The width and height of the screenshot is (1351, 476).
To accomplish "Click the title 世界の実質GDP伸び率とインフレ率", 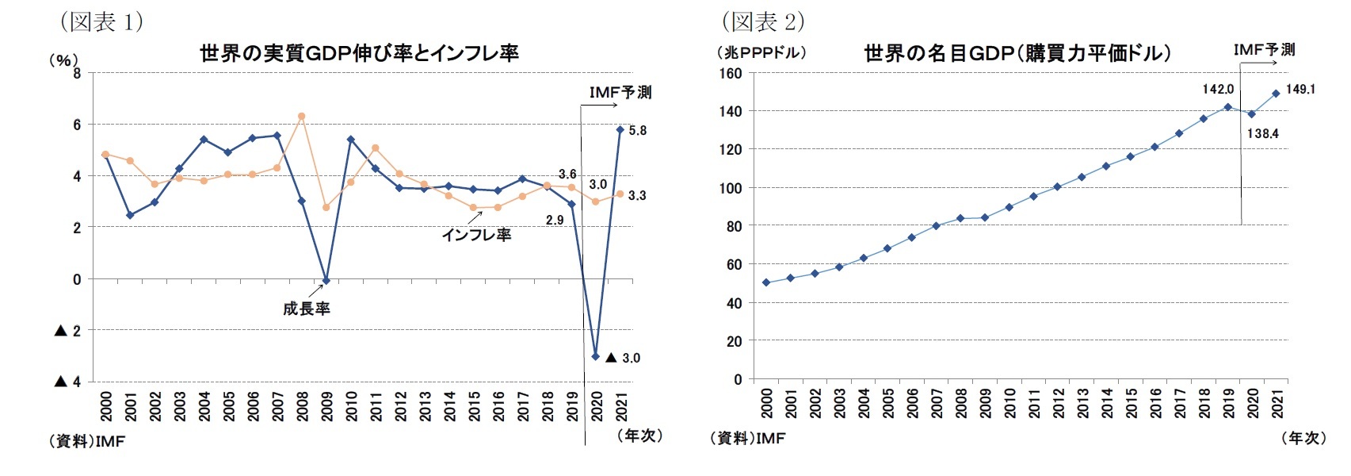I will click(359, 53).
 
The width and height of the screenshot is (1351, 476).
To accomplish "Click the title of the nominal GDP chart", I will click(1017, 53).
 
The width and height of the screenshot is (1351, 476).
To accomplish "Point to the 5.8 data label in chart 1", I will click(637, 131).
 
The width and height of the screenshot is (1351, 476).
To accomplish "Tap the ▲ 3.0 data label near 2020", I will click(623, 358).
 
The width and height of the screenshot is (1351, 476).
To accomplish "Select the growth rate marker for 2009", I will click(326, 281).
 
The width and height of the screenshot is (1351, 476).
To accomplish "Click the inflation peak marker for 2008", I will click(301, 117).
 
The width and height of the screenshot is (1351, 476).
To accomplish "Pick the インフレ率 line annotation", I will click(475, 235).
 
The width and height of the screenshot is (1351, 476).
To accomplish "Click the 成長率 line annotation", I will click(306, 309).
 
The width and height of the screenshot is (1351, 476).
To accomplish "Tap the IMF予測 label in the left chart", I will click(620, 93).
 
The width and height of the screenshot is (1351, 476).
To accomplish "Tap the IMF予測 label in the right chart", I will click(1264, 50).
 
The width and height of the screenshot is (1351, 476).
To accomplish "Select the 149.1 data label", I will click(1300, 89).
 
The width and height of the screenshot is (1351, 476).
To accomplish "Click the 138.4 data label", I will click(1262, 133).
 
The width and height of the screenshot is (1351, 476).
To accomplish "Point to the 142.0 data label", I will click(1218, 89).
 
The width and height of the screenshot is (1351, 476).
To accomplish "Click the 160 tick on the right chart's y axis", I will click(731, 74).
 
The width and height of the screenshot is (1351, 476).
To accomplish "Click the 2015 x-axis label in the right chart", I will click(1132, 403).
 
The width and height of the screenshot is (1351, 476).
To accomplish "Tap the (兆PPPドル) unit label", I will click(761, 52).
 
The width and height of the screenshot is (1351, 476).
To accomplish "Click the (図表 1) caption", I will click(101, 21).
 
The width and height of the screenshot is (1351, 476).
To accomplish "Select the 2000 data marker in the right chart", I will click(766, 282).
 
